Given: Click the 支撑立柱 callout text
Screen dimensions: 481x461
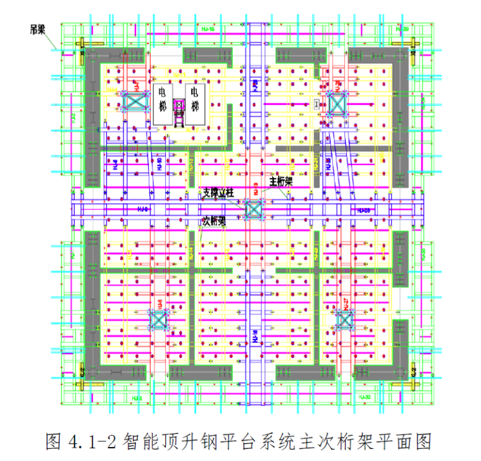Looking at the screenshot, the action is coord(218,192).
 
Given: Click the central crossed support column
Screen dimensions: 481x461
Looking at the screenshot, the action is coord(253,209).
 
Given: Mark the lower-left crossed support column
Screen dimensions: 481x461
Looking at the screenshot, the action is coord(158,320).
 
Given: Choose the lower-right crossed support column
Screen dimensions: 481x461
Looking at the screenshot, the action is coord(344,320).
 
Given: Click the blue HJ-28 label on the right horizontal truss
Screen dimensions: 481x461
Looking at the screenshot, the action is coord(363,209).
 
